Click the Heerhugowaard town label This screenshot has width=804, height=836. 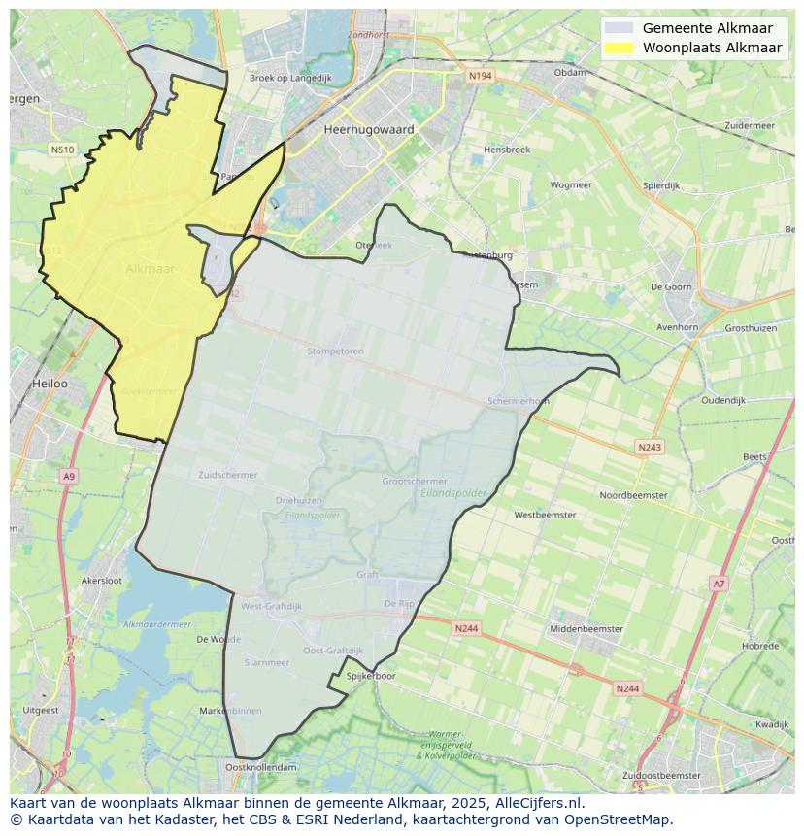369,129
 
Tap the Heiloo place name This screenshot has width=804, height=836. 50,384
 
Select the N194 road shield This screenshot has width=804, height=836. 479,75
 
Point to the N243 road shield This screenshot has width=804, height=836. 650,447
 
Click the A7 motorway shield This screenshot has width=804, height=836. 718,584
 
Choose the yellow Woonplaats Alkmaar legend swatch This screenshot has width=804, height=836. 618,48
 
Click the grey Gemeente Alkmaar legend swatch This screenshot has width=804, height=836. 618,28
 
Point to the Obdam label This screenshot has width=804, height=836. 570,72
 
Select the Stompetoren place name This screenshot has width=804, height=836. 335,351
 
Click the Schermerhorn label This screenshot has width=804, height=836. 519,400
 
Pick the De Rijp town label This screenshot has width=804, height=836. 399,603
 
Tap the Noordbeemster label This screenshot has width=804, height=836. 633,495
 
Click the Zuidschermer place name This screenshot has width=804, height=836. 228,475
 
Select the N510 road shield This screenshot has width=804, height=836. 62,150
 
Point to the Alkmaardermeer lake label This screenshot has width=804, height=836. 157,624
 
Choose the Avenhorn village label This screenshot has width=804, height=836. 677,327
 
